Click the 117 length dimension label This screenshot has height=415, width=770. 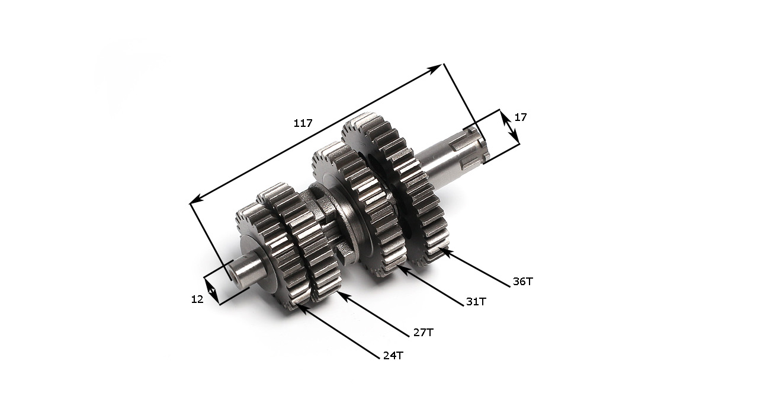click(x=303, y=123)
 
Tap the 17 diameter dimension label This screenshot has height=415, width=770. click(x=521, y=117)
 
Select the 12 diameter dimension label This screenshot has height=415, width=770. click(x=197, y=299)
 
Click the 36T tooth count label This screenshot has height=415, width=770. click(x=522, y=282)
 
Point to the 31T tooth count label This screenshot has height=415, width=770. click(x=476, y=301)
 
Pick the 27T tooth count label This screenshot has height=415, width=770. click(x=423, y=333)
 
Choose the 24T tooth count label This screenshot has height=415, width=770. click(x=393, y=356)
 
